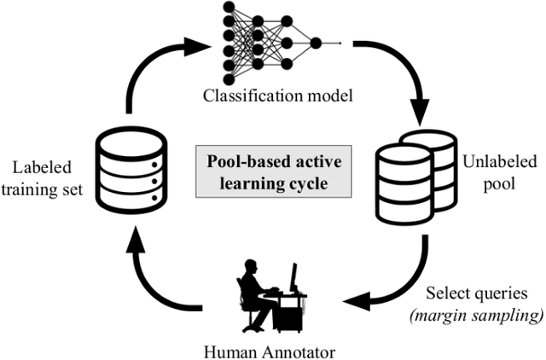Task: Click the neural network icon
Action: point(272,42)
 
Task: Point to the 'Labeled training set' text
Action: point(47,177)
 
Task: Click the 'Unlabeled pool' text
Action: point(490,176)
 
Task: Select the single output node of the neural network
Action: point(316,42)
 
